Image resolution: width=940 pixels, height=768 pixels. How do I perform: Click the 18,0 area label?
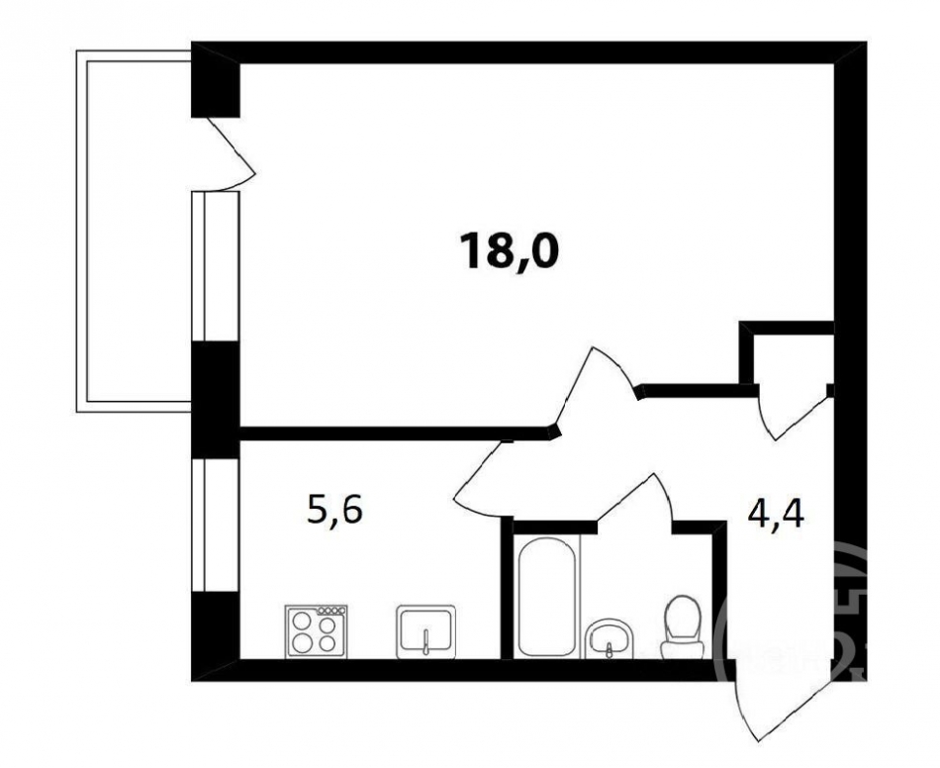coord(509,251)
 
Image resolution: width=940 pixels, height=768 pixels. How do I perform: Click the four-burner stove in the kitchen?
coord(318,630)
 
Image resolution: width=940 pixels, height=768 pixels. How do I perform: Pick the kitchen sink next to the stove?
coord(425,631)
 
